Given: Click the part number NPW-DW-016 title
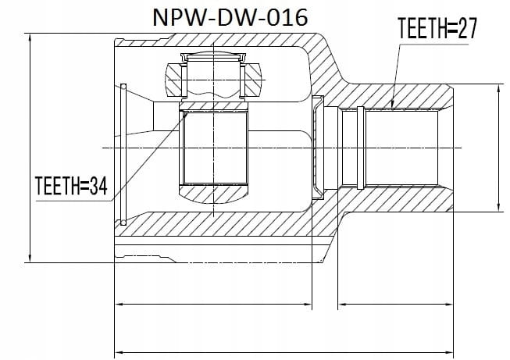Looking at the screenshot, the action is pos(230,17).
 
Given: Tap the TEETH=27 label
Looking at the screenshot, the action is pos(437,28).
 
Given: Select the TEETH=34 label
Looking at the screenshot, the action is pos(71,186).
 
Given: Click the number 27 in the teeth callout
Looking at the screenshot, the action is pos(467,28).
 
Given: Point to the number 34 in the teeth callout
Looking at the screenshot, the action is pos(98,186).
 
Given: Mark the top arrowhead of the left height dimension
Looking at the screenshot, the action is pos(30,38).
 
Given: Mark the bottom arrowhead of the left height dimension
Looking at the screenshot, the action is pos(30,257).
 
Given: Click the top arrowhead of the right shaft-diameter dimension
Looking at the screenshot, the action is pos(498,89).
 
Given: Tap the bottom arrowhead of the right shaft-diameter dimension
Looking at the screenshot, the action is pos(498,207).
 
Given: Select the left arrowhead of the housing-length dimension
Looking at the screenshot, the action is pos(120,305).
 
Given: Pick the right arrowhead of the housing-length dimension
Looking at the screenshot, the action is pos(307,305).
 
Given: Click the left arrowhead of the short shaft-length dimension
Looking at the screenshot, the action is pos(343,305).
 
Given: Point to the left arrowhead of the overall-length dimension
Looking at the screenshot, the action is pos(120,352).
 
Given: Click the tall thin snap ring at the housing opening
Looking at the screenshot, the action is pos(123,155).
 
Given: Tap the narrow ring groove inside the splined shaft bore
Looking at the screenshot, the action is pos(360,148).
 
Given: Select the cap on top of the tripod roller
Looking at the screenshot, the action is pos(214,57).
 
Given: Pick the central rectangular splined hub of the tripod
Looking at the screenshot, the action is pos(214,148).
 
